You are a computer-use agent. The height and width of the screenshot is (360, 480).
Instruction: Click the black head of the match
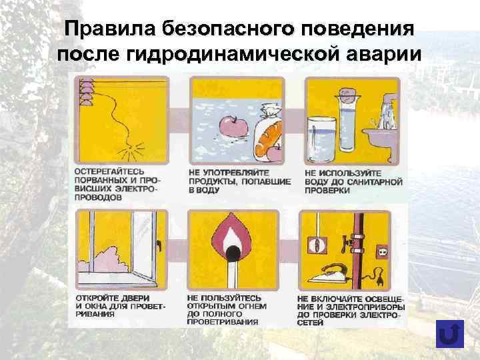tap(233, 252)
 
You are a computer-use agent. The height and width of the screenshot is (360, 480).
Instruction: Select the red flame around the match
tap(233, 237)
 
